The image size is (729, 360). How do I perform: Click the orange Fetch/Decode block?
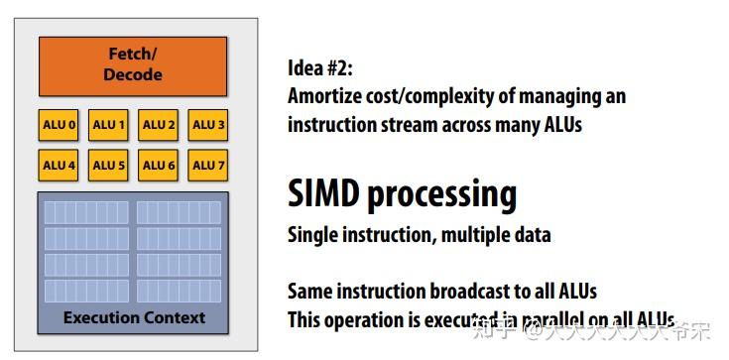pyautogui.click(x=133, y=66)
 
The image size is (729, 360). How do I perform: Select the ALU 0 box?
pyautogui.click(x=59, y=125)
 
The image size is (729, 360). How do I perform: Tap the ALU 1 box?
pyautogui.click(x=108, y=125)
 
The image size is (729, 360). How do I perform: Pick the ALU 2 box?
pyautogui.click(x=159, y=125)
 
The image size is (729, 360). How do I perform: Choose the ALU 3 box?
pyautogui.click(x=208, y=125)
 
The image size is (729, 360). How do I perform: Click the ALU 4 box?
pyautogui.click(x=59, y=165)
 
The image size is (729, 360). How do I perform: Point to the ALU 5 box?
pyautogui.click(x=108, y=165)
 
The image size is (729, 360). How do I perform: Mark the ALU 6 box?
pyautogui.click(x=159, y=165)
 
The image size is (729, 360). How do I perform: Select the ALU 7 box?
pyautogui.click(x=208, y=165)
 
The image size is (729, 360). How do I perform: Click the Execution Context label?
pyautogui.click(x=134, y=317)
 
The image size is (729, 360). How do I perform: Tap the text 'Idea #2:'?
pyautogui.click(x=319, y=69)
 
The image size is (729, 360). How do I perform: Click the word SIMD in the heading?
pyautogui.click(x=323, y=193)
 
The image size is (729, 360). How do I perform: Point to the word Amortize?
pyautogui.click(x=324, y=97)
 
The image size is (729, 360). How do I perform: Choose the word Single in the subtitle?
pyautogui.click(x=311, y=236)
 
